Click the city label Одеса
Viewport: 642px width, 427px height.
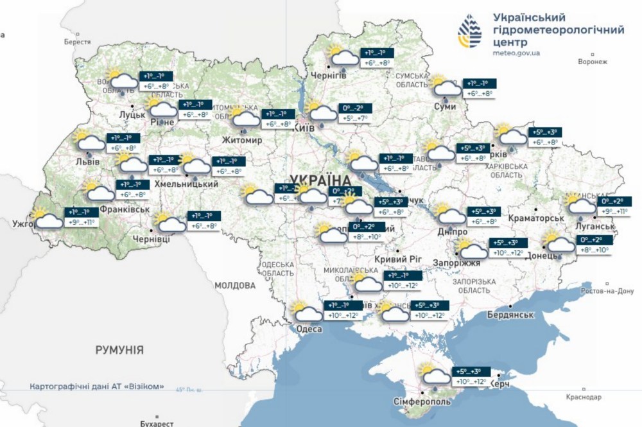309,329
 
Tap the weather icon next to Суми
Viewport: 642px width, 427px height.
446,86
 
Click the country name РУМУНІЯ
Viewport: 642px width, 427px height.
119,350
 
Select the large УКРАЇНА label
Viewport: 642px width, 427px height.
320,180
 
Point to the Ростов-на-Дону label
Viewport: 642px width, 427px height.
607,291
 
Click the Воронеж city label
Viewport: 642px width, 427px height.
592,62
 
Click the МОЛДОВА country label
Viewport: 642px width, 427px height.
235,285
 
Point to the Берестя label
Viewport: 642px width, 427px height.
78,42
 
